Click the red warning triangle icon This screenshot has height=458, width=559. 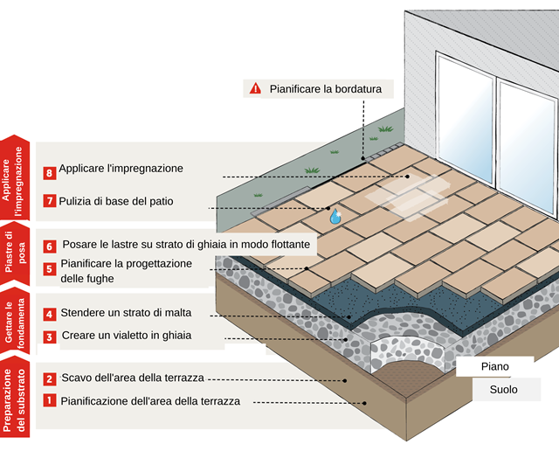[x=255, y=88]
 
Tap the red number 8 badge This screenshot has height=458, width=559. [x=50, y=173]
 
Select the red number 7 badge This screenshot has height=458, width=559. [x=50, y=202]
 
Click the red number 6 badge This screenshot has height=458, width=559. [x=50, y=246]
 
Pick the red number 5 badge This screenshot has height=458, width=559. [x=50, y=269]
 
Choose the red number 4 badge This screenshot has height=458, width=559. [x=50, y=314]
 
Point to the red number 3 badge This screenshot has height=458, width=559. [x=50, y=337]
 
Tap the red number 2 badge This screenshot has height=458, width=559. [x=50, y=378]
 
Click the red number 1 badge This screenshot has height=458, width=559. [x=50, y=401]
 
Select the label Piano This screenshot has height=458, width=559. [x=495, y=366]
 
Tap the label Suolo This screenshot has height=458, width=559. [x=502, y=390]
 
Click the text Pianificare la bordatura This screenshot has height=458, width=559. [x=319, y=88]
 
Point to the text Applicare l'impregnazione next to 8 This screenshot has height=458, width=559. [x=121, y=168]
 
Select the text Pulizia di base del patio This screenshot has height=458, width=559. [x=116, y=201]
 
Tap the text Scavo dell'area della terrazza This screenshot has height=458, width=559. [x=132, y=378]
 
